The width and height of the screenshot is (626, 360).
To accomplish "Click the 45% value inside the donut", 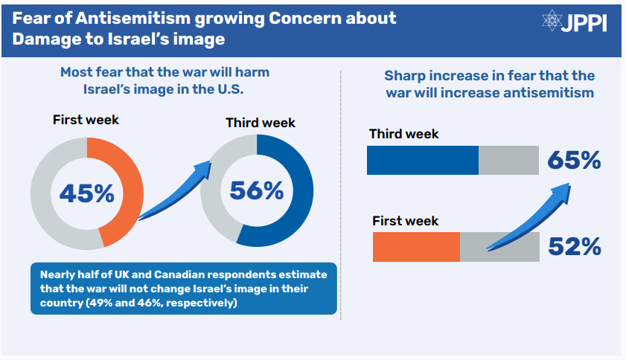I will pos(86,193).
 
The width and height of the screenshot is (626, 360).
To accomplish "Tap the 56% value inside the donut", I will pos(256,191).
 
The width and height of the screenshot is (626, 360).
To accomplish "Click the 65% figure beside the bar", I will pos(574,160).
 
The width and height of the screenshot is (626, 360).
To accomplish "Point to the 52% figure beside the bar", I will pos(574,246).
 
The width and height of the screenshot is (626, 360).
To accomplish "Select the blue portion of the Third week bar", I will pos(422,160).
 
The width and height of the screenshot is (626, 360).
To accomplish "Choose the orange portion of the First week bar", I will pos(415,246).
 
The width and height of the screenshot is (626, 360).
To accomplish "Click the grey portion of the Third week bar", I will pos(508,160).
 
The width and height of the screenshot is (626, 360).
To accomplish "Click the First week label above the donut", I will pos(86,120).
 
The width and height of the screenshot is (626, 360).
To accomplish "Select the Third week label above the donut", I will pos(261,123).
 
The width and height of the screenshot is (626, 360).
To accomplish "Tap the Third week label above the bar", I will pos(404,134).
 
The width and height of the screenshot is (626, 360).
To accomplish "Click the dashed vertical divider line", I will pos(341,193).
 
